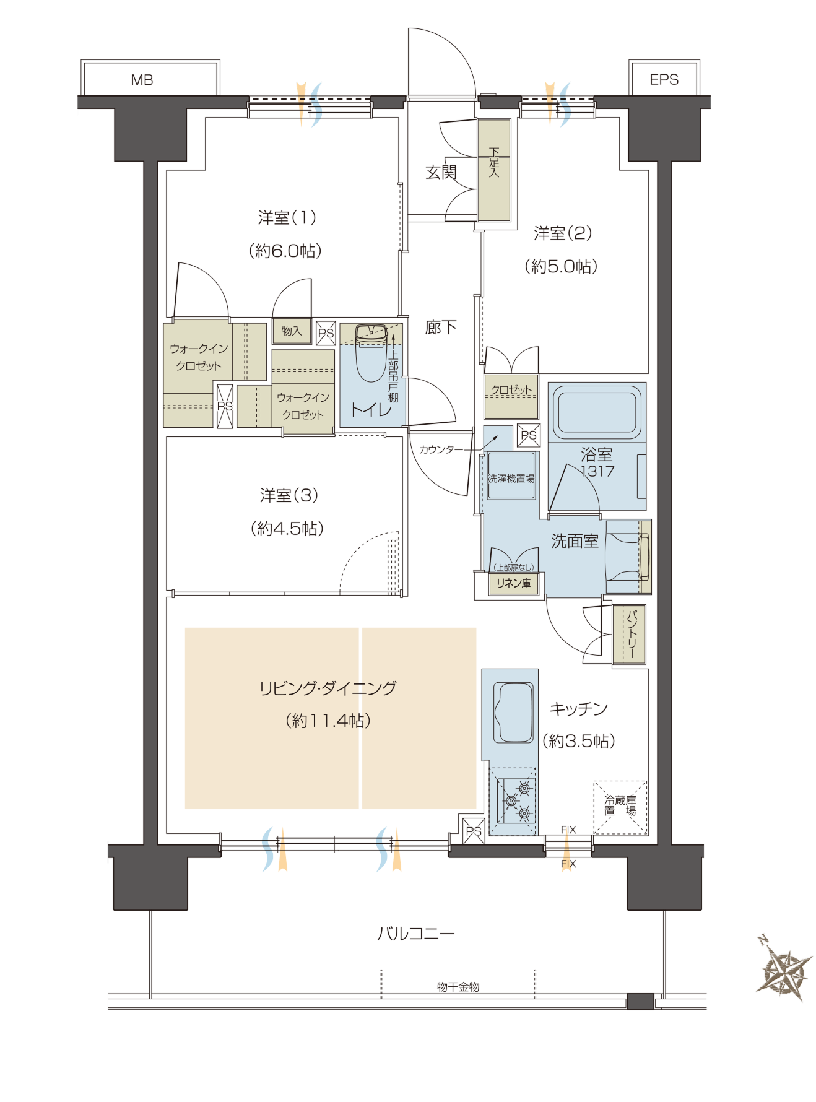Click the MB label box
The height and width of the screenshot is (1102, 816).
pyautogui.click(x=150, y=79)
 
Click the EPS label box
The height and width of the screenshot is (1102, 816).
pyautogui.click(x=664, y=79)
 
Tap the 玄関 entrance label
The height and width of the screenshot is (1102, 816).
pyautogui.click(x=441, y=172)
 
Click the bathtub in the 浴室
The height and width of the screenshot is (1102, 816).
pyautogui.click(x=597, y=411)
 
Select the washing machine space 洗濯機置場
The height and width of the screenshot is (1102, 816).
pyautogui.click(x=511, y=475)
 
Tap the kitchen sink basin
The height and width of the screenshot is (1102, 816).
pyautogui.click(x=513, y=713)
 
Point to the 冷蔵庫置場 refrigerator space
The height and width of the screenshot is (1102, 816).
pyautogui.click(x=620, y=807)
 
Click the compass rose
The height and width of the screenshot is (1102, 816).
pyautogui.click(x=784, y=968)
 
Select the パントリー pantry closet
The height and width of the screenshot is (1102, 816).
pyautogui.click(x=629, y=635)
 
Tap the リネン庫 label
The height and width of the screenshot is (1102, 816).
pyautogui.click(x=513, y=583)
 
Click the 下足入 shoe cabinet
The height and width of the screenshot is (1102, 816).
pyautogui.click(x=494, y=170)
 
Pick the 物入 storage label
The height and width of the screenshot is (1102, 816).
pyautogui.click(x=292, y=331)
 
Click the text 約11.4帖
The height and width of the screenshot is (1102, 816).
pyautogui.click(x=328, y=721)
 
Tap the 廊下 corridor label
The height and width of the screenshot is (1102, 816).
pyautogui.click(x=441, y=327)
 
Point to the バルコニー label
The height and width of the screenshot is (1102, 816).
pyautogui.click(x=416, y=933)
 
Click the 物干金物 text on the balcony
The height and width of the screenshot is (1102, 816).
pyautogui.click(x=458, y=987)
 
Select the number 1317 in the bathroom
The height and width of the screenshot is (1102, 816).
pyautogui.click(x=597, y=471)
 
